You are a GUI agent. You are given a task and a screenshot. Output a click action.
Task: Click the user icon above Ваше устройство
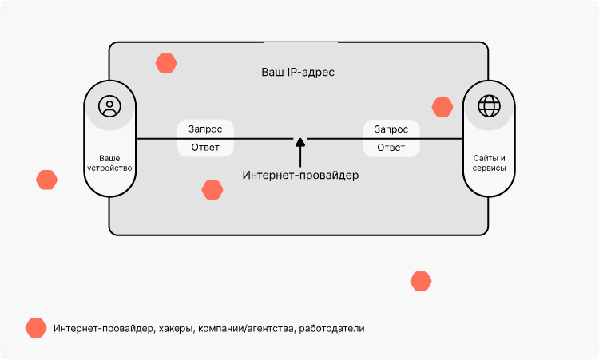click(x=109, y=105)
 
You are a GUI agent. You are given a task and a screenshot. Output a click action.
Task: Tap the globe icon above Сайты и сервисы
click(x=489, y=105)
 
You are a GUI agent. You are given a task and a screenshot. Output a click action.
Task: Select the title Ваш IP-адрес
click(x=298, y=72)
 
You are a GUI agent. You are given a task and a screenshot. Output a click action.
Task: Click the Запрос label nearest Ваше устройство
click(x=205, y=129)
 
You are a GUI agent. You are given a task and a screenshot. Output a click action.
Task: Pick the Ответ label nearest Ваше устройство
click(x=205, y=148)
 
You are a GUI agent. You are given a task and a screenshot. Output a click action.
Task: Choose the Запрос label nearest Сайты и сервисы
click(x=391, y=129)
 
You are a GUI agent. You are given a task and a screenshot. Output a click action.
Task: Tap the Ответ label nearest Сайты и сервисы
click(x=391, y=148)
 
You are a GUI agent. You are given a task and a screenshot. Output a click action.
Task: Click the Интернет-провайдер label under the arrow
click(x=300, y=175)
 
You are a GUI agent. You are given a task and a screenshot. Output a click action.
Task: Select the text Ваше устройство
click(x=109, y=164)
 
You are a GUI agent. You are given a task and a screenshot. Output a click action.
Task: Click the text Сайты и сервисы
click(x=489, y=164)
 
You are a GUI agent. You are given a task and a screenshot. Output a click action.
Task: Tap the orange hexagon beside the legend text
click(x=36, y=328)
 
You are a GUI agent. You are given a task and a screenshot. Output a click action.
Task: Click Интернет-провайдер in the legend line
click(x=103, y=329)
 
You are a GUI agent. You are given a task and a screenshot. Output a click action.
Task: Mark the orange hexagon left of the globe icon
click(x=442, y=107)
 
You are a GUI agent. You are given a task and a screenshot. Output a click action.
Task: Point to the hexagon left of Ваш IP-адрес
click(x=166, y=64)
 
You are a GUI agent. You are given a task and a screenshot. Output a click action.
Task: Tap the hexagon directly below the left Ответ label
click(x=212, y=190)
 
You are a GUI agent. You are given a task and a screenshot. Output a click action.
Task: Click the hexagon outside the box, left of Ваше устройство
click(x=47, y=180)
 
